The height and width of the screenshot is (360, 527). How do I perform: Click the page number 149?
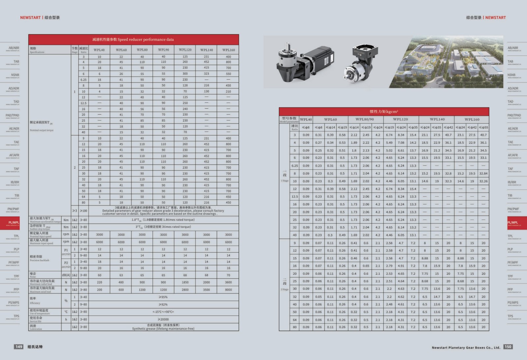(x=19, y=346)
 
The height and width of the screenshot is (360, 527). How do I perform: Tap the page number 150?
(x=508, y=346)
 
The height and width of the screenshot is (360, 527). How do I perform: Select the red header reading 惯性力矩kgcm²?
(x=384, y=112)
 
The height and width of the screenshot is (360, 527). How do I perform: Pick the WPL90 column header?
(x=163, y=50)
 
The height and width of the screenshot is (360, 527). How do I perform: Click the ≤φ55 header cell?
(x=483, y=127)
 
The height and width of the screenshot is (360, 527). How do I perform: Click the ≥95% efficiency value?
(x=163, y=297)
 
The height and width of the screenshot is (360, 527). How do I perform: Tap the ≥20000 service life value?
(x=163, y=319)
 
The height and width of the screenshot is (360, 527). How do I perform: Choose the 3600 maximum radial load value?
(x=228, y=282)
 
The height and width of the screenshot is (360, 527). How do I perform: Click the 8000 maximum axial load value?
(x=228, y=290)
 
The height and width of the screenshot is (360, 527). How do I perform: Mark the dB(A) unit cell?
(x=66, y=275)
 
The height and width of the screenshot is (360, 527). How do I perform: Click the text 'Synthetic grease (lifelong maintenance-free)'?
(x=163, y=329)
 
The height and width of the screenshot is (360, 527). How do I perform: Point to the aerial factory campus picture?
(x=446, y=62)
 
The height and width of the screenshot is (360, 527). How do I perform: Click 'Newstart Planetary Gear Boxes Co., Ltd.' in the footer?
(x=466, y=347)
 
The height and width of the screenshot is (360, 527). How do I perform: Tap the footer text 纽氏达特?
(x=35, y=347)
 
